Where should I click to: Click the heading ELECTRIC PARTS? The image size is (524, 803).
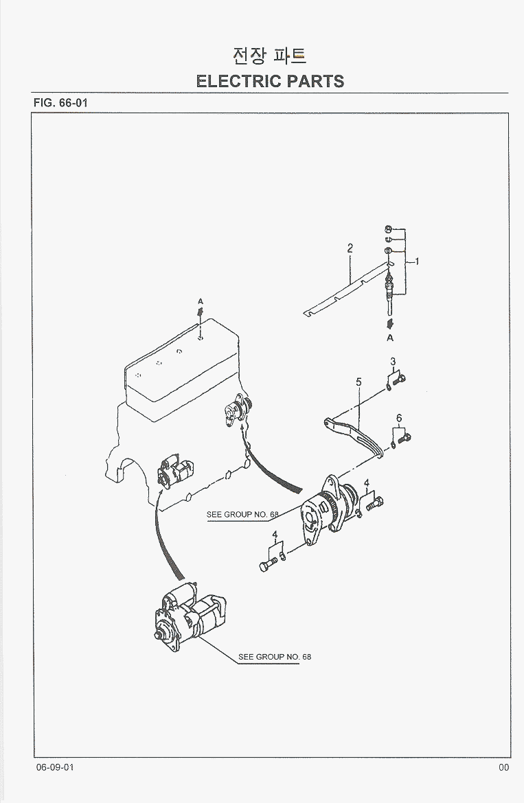click(270, 81)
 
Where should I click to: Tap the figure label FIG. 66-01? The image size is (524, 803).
click(60, 103)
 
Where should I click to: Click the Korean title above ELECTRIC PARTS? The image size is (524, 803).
click(270, 55)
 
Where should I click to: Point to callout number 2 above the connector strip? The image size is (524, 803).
click(350, 248)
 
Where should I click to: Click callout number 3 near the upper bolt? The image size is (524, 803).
click(393, 362)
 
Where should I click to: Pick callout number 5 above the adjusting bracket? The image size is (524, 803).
click(358, 382)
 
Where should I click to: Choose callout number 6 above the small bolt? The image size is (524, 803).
click(398, 418)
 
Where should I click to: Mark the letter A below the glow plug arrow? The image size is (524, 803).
click(390, 338)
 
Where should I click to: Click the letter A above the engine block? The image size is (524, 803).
click(201, 301)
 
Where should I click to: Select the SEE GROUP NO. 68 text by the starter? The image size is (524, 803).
click(275, 657)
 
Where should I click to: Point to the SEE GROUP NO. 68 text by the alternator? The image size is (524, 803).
click(242, 515)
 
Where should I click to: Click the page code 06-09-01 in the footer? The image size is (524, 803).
click(55, 767)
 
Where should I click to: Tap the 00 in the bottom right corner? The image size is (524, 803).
click(504, 767)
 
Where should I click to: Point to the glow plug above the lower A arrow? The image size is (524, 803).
click(390, 288)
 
